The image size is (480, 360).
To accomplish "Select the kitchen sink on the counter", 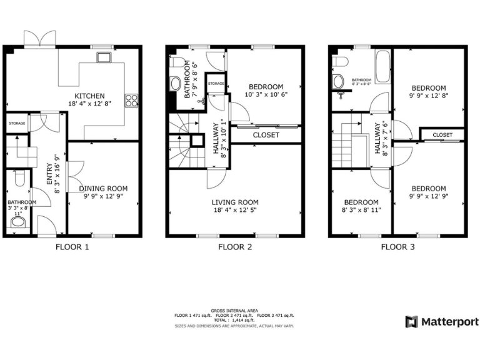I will click(x=103, y=58).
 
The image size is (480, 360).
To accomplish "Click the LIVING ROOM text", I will click(x=234, y=202).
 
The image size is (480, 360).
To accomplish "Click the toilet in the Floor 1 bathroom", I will click(x=18, y=180).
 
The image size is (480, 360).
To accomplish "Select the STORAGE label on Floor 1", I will click(x=17, y=124).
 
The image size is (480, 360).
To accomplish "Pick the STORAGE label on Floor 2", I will click(x=216, y=83).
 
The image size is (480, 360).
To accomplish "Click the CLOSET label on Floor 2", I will click(x=266, y=135).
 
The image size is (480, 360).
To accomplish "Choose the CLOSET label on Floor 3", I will click(x=442, y=134).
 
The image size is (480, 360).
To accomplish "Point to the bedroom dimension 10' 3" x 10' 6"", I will click(x=266, y=95).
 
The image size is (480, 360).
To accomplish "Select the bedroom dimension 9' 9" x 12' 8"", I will click(x=429, y=96).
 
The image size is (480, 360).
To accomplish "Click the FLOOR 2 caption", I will click(x=235, y=247).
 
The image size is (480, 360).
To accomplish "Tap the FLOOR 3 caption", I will click(x=397, y=247).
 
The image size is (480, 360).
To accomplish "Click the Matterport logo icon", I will click(x=411, y=322).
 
